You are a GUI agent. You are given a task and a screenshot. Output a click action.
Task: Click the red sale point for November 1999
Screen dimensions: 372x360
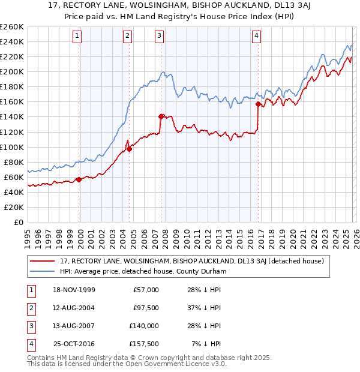(79, 179)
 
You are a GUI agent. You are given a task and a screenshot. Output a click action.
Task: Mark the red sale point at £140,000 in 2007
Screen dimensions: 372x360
(161, 116)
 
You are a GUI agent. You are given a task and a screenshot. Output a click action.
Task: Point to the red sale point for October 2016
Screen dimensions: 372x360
(259, 104)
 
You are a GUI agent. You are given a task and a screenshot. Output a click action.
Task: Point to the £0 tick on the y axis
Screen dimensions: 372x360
(18, 222)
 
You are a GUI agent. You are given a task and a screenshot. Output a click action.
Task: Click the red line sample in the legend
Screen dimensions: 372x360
(43, 262)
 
